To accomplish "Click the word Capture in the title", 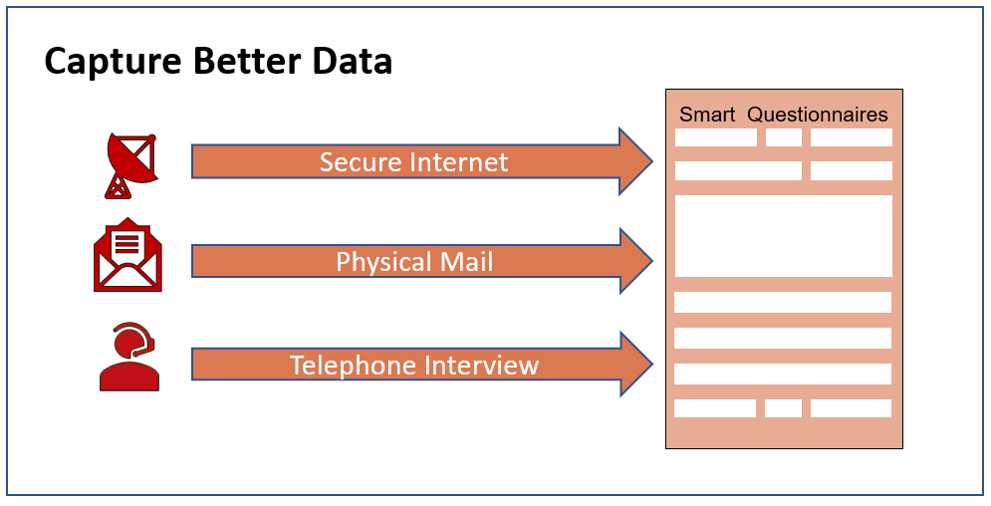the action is click(114, 62).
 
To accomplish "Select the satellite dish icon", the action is click(130, 166).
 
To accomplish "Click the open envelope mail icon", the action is click(127, 255).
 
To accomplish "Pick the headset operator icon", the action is click(129, 357).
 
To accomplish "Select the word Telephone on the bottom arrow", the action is click(354, 366).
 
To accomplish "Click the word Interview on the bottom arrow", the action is click(482, 366).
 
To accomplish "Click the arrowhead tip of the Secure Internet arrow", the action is click(652, 161).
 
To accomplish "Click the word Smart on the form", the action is click(707, 115).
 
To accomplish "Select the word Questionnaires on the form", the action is click(818, 115).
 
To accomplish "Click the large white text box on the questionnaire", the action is click(784, 236).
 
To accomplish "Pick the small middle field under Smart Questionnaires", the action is click(784, 137).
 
